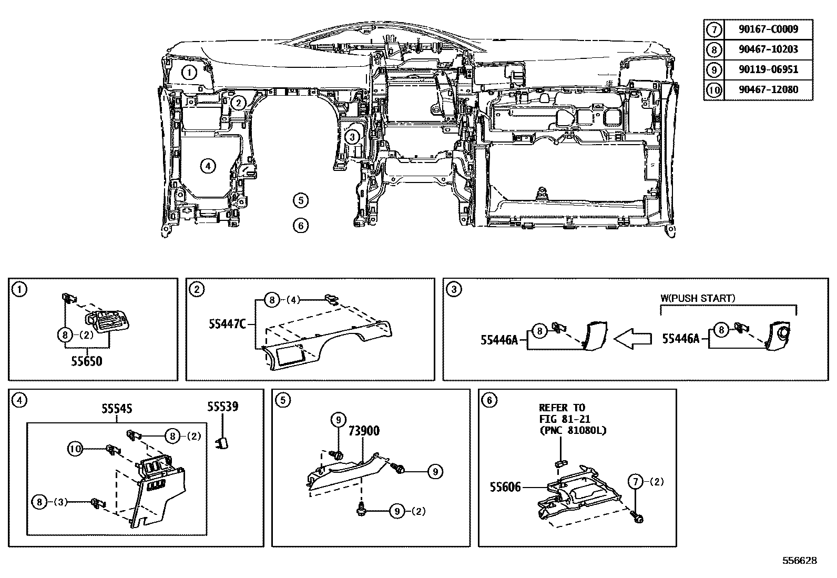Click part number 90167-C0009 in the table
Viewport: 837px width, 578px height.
click(x=768, y=29)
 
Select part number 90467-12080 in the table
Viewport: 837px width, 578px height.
click(x=768, y=90)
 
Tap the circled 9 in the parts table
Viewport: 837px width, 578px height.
click(x=713, y=70)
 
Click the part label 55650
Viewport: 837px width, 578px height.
click(x=87, y=362)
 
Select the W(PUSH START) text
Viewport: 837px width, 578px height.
click(x=698, y=298)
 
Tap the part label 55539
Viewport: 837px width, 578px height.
click(x=222, y=407)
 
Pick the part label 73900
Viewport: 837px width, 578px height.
click(x=364, y=431)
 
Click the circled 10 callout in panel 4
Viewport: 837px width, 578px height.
click(x=75, y=449)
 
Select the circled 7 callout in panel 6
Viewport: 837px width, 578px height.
click(x=636, y=481)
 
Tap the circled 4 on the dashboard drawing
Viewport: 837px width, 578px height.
click(x=208, y=166)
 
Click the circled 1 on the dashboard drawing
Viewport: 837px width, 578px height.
click(x=189, y=73)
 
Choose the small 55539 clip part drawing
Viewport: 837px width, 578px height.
click(x=222, y=442)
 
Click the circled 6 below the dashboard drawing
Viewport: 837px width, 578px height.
click(x=300, y=226)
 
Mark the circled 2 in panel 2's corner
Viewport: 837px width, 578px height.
click(x=196, y=289)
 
